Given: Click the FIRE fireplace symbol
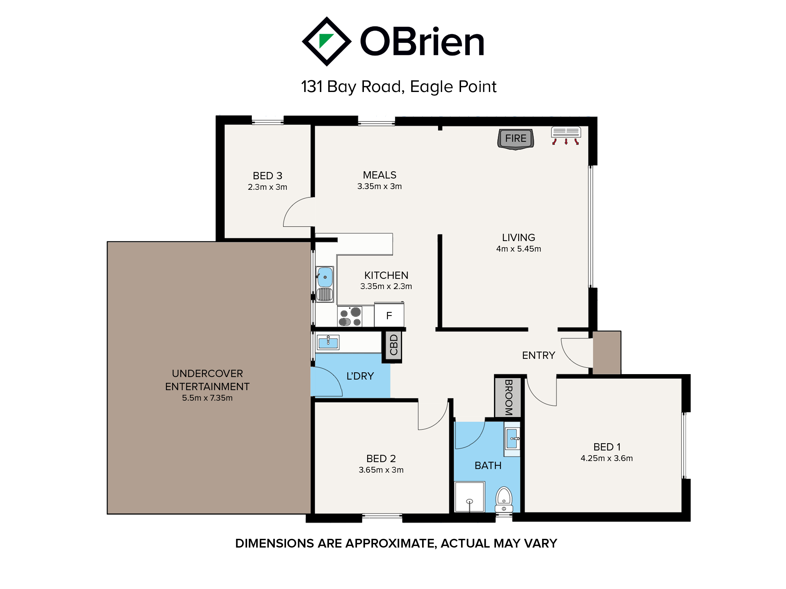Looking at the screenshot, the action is click(515, 139).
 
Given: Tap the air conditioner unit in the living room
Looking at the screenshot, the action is click(566, 132).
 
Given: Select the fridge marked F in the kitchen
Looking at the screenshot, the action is click(389, 314).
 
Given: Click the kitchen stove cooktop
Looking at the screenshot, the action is click(350, 316).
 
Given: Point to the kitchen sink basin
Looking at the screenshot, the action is click(325, 277).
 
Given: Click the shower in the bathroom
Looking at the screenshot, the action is click(470, 497).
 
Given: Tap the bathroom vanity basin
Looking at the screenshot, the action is click(512, 439).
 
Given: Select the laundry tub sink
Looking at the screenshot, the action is click(328, 342).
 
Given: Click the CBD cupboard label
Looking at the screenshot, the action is click(394, 345).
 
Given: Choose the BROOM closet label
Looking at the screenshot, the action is click(508, 397).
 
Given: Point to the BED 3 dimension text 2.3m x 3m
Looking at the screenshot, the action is click(267, 187).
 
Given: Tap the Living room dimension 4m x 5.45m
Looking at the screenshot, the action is click(519, 249).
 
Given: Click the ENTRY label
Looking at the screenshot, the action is click(539, 355).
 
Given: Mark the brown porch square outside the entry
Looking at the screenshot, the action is click(607, 352).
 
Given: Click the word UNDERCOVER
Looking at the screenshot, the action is click(207, 373).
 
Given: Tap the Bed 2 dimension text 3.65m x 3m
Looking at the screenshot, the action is click(381, 470).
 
